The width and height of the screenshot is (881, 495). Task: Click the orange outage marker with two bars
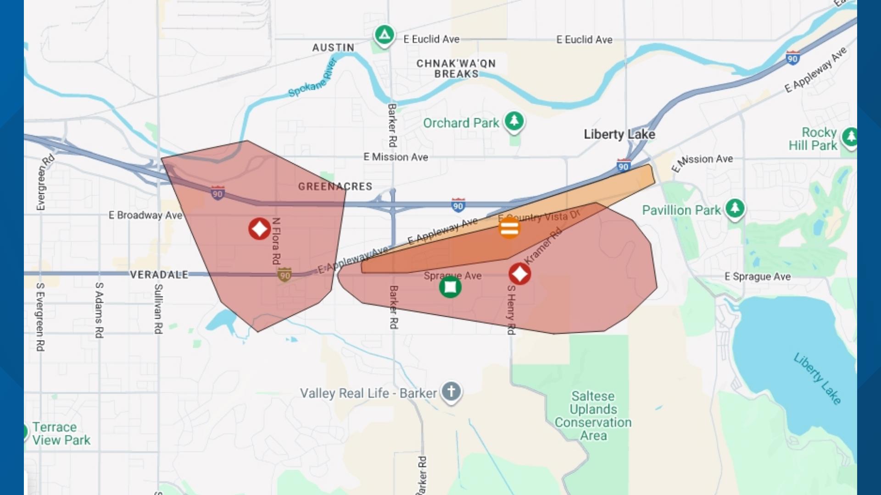point(509,228)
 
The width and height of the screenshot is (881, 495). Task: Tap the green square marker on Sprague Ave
point(450,287)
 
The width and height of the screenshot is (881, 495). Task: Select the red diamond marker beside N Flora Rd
point(259,228)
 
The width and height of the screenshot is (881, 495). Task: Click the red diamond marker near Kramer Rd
point(519,274)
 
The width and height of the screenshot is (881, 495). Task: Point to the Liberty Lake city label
point(619,134)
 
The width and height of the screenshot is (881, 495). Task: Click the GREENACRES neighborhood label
point(335,187)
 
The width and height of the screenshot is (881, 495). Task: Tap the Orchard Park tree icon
point(514,121)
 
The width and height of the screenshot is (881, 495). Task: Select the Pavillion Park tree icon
point(735,209)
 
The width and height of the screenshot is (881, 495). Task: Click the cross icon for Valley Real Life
point(451,392)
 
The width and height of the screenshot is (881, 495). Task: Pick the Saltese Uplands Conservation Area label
point(593,416)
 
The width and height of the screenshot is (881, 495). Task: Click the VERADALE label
point(159,275)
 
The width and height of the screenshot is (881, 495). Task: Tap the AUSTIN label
point(333,48)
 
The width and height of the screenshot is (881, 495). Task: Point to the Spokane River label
point(312,79)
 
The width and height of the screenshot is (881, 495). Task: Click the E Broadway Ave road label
point(145,215)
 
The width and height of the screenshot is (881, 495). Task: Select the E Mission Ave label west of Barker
point(396,157)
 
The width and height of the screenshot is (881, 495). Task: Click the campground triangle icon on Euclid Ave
point(385,35)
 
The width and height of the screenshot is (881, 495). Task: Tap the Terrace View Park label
point(61,434)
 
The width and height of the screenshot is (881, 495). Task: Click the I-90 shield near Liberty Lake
point(623,166)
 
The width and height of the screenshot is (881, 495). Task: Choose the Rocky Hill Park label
point(813,139)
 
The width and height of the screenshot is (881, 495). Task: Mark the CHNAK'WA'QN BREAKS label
point(456,69)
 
